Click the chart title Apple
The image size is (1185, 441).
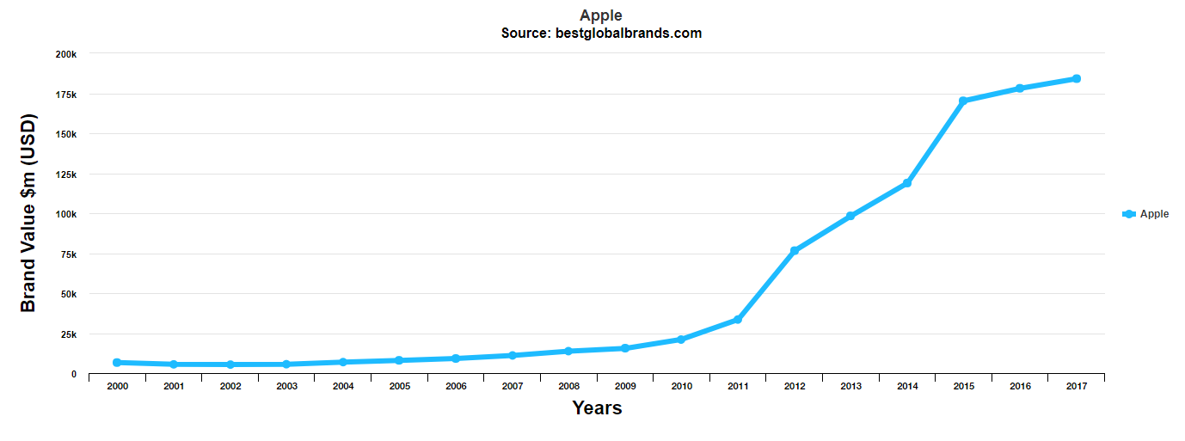(x=600, y=15)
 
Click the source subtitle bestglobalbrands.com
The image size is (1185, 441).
(x=601, y=34)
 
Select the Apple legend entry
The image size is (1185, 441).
(x=1145, y=214)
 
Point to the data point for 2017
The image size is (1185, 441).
(x=1076, y=79)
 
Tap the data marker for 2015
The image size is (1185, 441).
(x=963, y=101)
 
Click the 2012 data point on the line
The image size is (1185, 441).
(x=795, y=251)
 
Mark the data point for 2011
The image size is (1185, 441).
(x=738, y=320)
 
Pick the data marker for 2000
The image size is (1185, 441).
(x=117, y=363)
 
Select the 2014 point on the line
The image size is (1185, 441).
(x=907, y=183)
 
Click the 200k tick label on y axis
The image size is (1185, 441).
(x=66, y=54)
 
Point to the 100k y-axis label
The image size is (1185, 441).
(x=66, y=214)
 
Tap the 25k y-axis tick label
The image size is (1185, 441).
(x=69, y=334)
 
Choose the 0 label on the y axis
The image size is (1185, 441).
(x=74, y=374)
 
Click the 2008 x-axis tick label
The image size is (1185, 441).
(x=568, y=387)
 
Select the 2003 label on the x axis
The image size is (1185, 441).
(x=286, y=387)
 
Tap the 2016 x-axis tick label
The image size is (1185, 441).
(x=1020, y=387)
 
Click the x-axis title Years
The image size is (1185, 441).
(x=597, y=408)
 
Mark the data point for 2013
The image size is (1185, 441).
(x=850, y=216)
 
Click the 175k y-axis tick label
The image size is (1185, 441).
(x=66, y=95)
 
